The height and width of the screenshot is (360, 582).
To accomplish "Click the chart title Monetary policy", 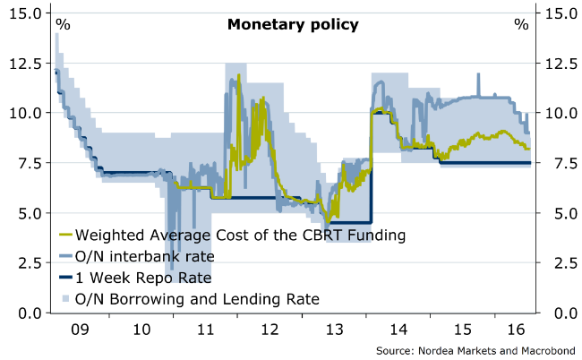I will [x=293, y=24].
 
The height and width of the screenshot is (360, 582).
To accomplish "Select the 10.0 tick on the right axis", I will [x=559, y=113].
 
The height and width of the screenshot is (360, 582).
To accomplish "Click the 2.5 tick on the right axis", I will [x=559, y=262].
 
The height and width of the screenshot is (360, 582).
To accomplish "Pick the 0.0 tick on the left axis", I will [x=26, y=313].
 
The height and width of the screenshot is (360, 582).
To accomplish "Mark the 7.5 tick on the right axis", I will [x=559, y=163].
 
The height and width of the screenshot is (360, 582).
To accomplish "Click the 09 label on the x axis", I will [x=81, y=329].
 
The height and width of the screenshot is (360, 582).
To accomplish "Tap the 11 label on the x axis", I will [x=206, y=329].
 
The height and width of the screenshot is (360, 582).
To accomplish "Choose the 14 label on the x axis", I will [x=396, y=329].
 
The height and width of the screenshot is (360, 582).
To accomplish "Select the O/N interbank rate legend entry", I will [x=144, y=256].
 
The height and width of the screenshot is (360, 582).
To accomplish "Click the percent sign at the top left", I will [x=63, y=24].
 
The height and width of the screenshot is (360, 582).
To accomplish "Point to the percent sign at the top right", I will [x=521, y=24].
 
